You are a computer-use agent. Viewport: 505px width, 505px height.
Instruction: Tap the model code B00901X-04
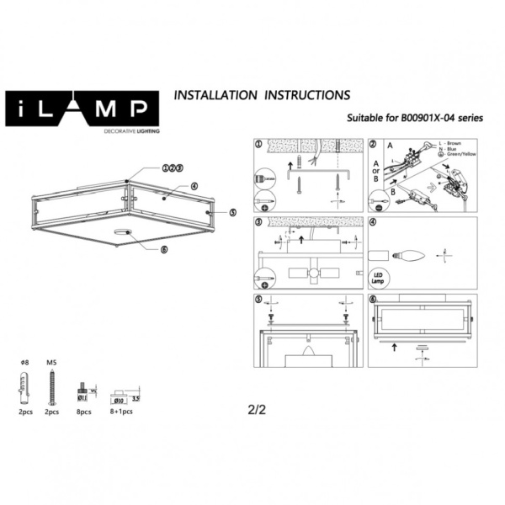click(429, 120)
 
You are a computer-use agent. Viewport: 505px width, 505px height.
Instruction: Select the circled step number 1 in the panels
click(259, 143)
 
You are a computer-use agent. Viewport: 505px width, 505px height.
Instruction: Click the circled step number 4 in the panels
click(374, 223)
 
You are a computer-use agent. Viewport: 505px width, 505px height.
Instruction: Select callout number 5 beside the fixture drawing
click(233, 213)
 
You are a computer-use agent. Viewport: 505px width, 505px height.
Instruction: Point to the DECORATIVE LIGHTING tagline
click(131, 132)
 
